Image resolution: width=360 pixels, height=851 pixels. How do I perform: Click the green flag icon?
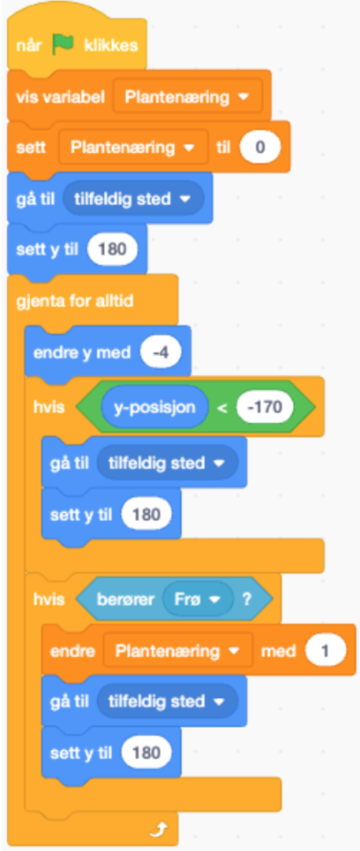63,46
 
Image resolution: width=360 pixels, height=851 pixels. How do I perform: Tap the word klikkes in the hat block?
111,46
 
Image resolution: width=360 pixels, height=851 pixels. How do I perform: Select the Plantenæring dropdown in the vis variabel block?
187,97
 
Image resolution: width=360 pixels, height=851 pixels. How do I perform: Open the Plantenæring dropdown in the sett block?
133,147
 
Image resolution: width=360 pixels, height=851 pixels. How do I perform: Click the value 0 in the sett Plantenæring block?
259,147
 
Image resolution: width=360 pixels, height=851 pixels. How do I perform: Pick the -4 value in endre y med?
160,353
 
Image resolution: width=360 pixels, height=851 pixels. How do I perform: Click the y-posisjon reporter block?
154,407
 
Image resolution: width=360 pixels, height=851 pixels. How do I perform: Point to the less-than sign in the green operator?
222,407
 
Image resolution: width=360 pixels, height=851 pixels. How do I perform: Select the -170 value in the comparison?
265,407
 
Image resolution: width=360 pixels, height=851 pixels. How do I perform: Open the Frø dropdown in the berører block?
198,599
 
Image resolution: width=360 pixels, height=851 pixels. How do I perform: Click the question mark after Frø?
247,599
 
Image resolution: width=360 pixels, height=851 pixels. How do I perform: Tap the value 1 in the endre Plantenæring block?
325,651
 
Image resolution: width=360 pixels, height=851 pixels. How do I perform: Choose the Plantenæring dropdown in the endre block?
178,651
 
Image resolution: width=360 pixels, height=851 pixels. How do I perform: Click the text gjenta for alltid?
75,301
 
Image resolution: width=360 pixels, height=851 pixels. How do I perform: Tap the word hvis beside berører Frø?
49,599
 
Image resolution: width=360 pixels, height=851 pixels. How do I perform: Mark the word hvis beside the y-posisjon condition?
49,407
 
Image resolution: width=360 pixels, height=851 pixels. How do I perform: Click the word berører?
125,599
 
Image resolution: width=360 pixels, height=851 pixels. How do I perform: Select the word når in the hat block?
29,46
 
